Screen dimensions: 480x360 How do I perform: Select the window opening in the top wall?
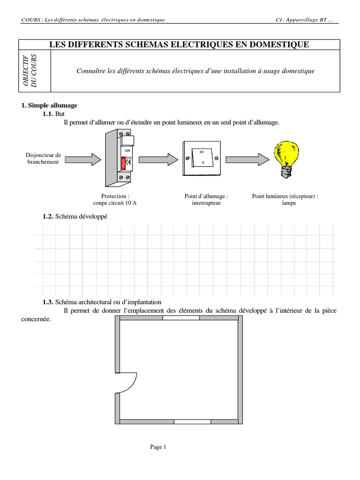pyautogui.click(x=181, y=318)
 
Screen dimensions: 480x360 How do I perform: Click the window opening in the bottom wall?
pyautogui.click(x=192, y=422)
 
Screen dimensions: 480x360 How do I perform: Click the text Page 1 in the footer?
pyautogui.click(x=158, y=447)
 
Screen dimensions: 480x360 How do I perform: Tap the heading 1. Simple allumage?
pyautogui.click(x=49, y=105)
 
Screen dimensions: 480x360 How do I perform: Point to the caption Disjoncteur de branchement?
pyautogui.click(x=43, y=158)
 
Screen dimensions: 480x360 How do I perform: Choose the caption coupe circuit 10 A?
pyautogui.click(x=115, y=203)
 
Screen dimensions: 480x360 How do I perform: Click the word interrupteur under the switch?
pyautogui.click(x=206, y=203)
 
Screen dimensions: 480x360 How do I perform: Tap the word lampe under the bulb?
pyautogui.click(x=289, y=203)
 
